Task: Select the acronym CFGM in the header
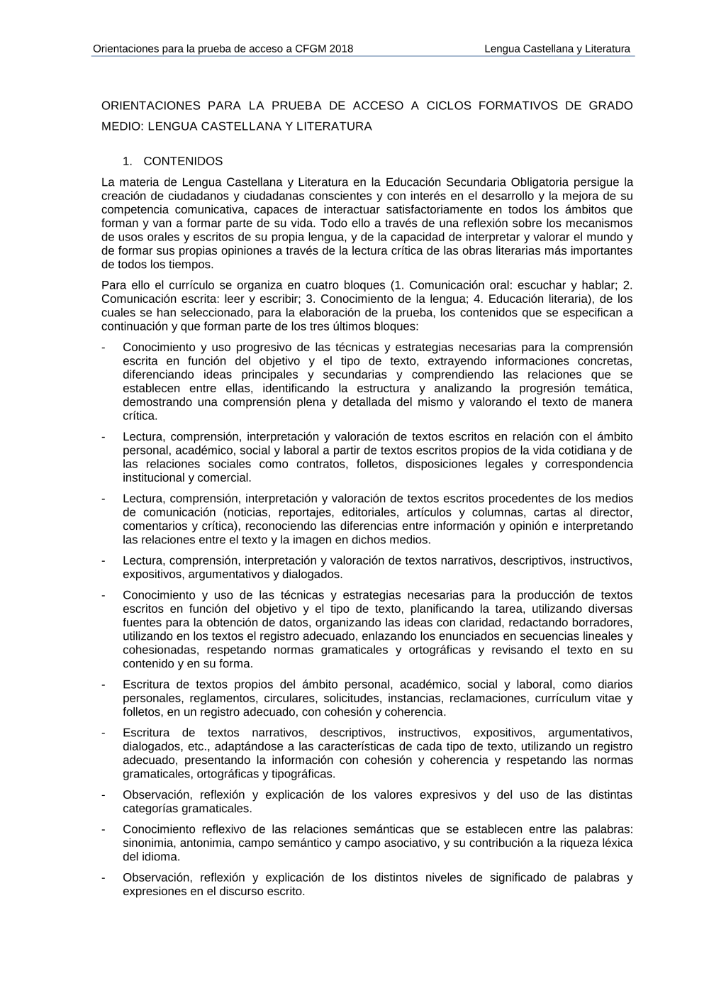click(310, 49)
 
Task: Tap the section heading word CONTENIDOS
click(183, 161)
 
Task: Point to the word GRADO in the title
click(610, 106)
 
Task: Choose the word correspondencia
click(588, 464)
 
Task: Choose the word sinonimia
click(148, 843)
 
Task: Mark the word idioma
click(162, 856)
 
